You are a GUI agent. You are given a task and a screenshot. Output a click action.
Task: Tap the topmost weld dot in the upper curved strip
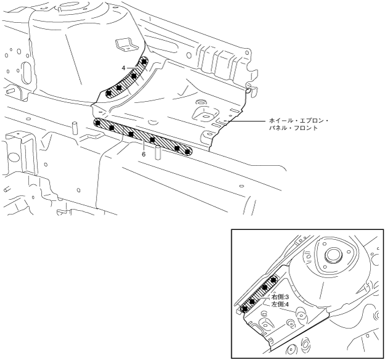144,62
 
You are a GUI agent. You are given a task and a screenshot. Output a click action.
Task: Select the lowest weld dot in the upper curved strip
110,93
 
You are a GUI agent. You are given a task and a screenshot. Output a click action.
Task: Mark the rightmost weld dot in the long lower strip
188,151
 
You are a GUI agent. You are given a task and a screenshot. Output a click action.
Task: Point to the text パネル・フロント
293,129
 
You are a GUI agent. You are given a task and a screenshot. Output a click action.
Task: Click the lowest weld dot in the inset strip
244,308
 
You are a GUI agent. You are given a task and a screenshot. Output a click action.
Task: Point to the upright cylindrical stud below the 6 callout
157,152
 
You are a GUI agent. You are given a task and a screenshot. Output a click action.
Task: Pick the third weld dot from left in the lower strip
131,134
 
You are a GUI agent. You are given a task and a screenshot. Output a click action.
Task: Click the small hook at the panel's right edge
248,90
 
